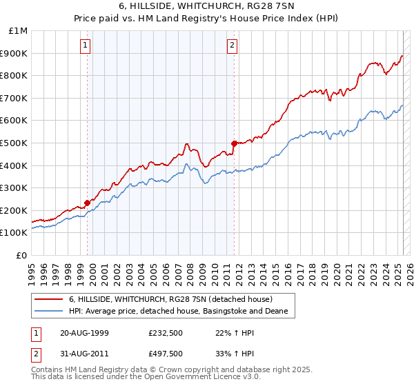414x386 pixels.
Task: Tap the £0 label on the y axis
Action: point(22,255)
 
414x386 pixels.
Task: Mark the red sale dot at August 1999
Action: point(88,203)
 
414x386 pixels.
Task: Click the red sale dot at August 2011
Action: point(234,143)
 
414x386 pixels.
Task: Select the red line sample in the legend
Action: point(50,299)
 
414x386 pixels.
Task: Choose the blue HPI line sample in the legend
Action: point(50,312)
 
